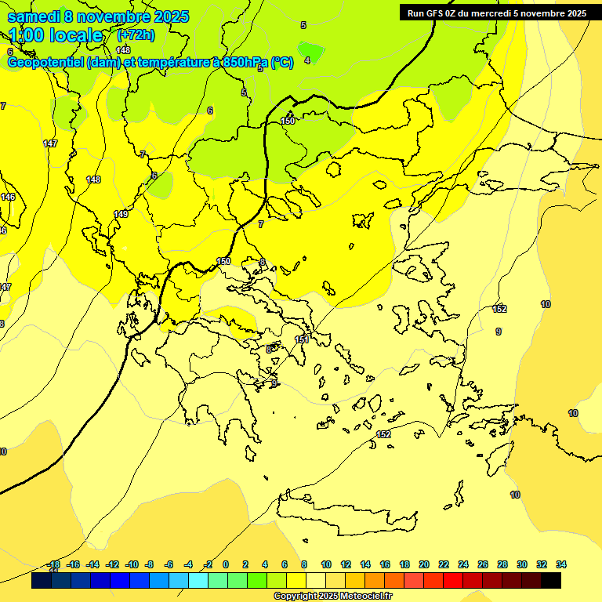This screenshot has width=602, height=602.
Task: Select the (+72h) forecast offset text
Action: point(136,35)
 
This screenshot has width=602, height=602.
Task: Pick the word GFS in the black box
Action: point(437,13)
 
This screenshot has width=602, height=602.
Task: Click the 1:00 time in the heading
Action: point(28,35)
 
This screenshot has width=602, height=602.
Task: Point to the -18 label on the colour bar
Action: point(53,564)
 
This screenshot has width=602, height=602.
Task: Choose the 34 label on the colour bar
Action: point(561,564)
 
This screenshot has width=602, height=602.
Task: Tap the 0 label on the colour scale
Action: point(226,564)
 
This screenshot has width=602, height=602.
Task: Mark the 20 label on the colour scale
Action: point(424,564)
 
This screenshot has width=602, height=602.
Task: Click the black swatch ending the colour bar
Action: point(551,580)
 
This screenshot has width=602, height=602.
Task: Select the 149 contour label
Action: point(121,214)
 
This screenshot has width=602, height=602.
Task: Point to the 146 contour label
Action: point(8,197)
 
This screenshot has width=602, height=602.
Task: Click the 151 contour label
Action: point(301,339)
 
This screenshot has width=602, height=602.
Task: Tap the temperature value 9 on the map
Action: point(498,332)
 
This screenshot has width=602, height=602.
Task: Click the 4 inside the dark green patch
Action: point(307,60)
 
